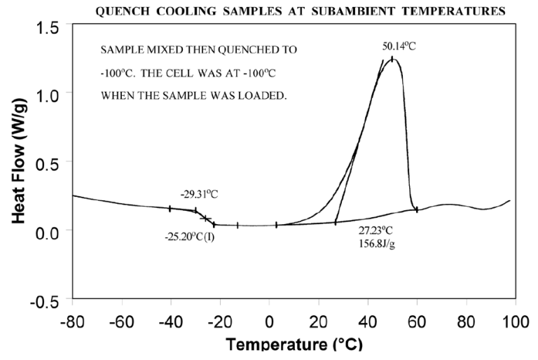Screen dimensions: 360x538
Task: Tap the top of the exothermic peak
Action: click(392, 59)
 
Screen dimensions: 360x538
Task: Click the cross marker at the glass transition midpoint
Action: click(205, 218)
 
